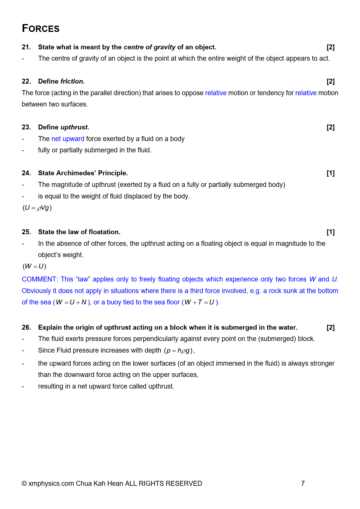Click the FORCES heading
(41, 28)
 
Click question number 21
(26, 47)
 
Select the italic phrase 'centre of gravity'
(150, 47)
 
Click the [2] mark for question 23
(330, 127)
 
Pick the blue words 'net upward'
(68, 139)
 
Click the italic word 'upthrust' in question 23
(74, 127)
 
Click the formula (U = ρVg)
(37, 208)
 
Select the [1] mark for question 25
(330, 232)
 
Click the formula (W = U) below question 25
(34, 266)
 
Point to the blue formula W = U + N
(71, 302)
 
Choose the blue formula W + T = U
(200, 302)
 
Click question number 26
(26, 327)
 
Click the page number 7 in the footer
(303, 483)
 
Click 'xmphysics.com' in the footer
(51, 483)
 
